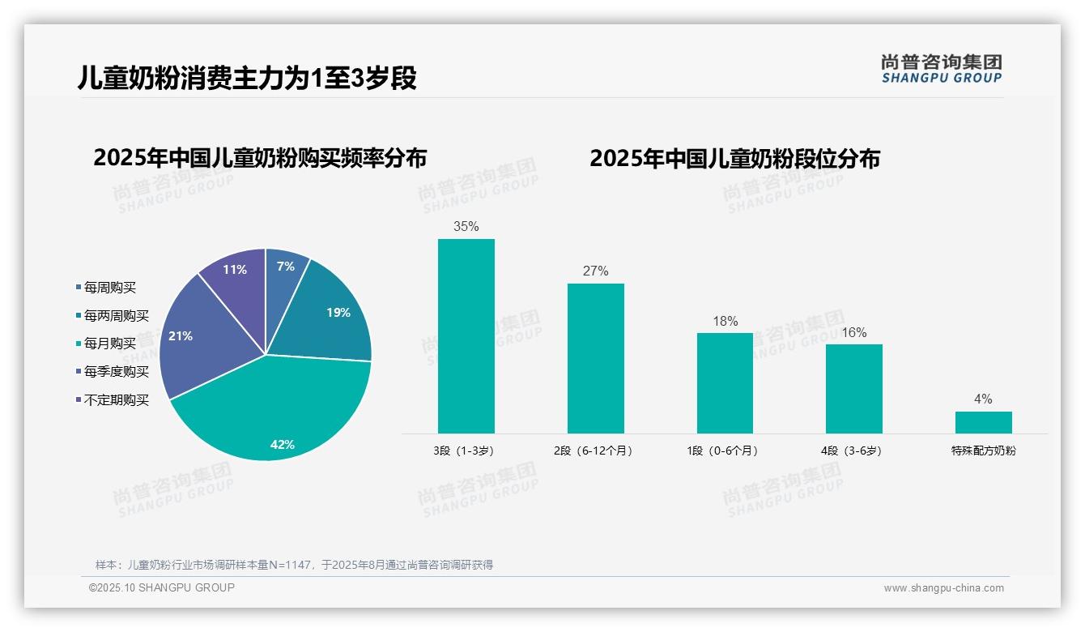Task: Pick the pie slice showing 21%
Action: click(194, 340)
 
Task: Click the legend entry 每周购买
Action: click(109, 288)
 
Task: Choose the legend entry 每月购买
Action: click(109, 344)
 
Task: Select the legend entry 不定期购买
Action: click(116, 400)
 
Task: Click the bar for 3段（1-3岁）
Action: click(466, 336)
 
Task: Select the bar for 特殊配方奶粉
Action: click(983, 422)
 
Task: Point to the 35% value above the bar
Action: click(466, 227)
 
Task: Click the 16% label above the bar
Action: click(853, 333)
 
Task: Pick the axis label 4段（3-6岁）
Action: click(853, 451)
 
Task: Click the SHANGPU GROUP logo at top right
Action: click(941, 68)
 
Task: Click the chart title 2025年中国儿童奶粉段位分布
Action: click(734, 158)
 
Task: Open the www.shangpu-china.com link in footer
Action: click(943, 588)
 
